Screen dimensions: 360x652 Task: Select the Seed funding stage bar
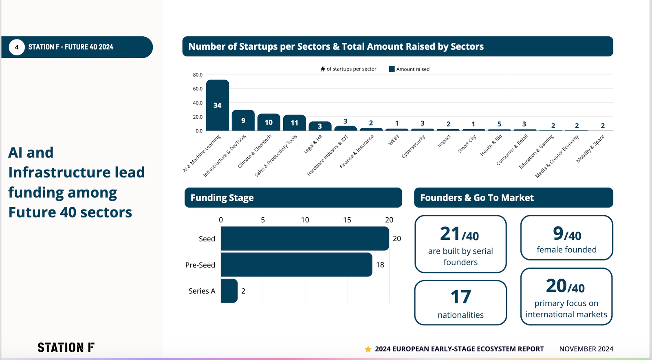[304, 239]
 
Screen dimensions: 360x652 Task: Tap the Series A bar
[229, 291]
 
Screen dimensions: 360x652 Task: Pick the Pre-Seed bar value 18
[380, 265]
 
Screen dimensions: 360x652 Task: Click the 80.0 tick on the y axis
[198, 75]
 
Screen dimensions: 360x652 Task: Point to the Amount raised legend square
[392, 69]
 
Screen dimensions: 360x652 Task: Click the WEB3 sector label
[394, 140]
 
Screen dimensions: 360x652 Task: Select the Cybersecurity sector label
[413, 146]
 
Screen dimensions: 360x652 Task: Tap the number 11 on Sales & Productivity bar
[294, 123]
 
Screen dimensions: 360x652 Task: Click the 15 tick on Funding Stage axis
[347, 220]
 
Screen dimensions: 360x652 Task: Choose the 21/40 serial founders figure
[460, 234]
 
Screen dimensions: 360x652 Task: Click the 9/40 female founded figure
[567, 234]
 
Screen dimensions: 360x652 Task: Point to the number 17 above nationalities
[460, 297]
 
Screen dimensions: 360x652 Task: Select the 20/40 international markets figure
[566, 286]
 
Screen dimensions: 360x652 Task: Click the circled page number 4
[17, 47]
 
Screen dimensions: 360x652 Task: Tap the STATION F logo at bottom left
[66, 347]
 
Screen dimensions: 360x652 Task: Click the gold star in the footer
[368, 349]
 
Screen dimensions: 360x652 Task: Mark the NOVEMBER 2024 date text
[586, 349]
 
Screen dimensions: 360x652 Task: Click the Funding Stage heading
[222, 198]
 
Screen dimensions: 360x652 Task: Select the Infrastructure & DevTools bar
[243, 120]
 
